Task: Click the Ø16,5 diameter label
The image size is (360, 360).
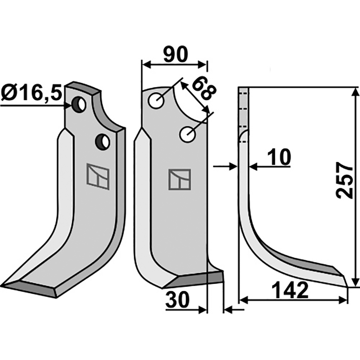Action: point(31,93)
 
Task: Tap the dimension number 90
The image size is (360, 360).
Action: point(175,54)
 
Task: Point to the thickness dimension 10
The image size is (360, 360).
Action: point(279,157)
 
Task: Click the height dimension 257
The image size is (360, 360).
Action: point(344,180)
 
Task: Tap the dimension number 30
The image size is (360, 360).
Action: point(177,300)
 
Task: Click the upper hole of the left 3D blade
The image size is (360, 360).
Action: point(79,105)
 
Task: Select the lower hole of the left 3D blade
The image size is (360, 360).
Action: point(103,142)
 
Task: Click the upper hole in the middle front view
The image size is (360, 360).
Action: point(156,101)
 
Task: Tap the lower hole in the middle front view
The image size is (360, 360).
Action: point(188,134)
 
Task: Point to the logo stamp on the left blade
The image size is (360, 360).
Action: point(98,176)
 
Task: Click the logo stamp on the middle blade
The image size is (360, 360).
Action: point(180,179)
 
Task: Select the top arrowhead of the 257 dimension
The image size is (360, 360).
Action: point(355,92)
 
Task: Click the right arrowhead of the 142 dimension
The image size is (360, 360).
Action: point(343,300)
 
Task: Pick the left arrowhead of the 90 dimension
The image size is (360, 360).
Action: point(147,65)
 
